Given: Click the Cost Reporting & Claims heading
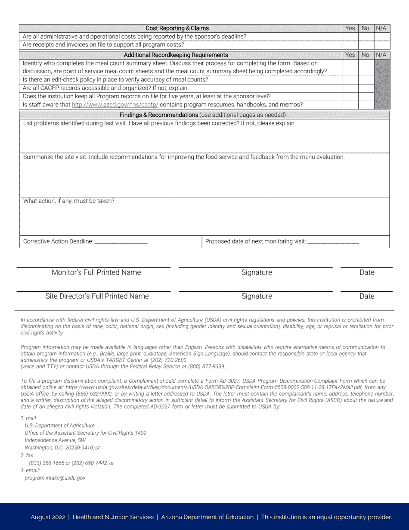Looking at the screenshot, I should tap(177, 28).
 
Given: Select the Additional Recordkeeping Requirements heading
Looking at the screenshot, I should tap(176, 55).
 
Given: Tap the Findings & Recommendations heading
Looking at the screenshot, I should tap(158, 115).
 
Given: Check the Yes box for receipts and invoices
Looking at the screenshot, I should tap(350, 45).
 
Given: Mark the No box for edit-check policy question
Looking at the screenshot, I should tap(366, 80).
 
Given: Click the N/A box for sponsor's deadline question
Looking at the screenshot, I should tap(381, 37).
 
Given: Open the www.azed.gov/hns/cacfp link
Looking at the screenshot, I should tap(115, 105).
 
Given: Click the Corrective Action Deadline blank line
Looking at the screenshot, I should tap(121, 242).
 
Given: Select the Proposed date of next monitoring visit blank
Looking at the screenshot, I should tap(333, 242).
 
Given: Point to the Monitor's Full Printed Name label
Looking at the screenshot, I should tap(96, 272).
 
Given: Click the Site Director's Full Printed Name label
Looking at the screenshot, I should tap(97, 296).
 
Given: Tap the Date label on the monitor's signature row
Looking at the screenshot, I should tap(367, 272).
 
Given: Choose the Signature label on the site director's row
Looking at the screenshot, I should tap(257, 296).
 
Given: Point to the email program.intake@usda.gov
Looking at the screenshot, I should tap(55, 478).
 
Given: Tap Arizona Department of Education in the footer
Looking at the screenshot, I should tap(207, 517).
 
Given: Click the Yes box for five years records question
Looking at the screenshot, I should tap(350, 97).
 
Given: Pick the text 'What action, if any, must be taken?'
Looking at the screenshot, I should tap(69, 201).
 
